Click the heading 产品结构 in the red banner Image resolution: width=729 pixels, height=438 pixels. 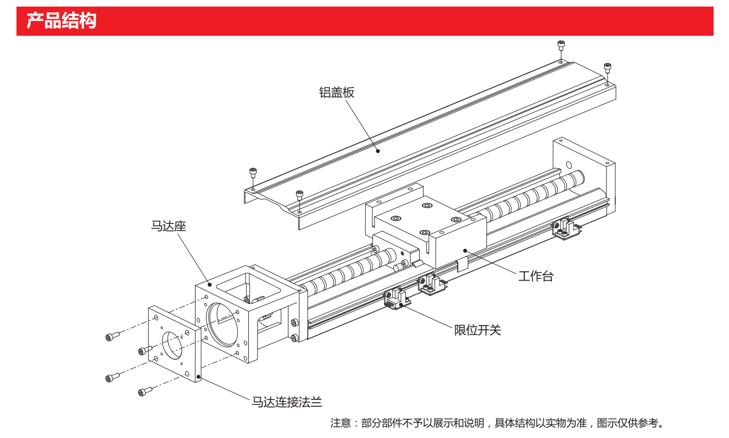pos(62,21)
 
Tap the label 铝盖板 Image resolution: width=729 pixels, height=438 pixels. pos(337,92)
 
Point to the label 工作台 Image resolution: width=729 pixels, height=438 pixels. pos(536,276)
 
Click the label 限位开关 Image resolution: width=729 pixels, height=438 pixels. pos(477,330)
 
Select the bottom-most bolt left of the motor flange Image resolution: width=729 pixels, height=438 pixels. pos(144,391)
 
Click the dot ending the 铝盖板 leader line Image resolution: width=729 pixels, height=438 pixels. pos(377,150)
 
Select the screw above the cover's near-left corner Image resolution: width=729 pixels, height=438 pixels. pos(253,173)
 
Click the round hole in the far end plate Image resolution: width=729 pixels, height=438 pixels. pos(569,163)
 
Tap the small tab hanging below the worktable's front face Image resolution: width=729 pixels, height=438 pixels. pos(462,264)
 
